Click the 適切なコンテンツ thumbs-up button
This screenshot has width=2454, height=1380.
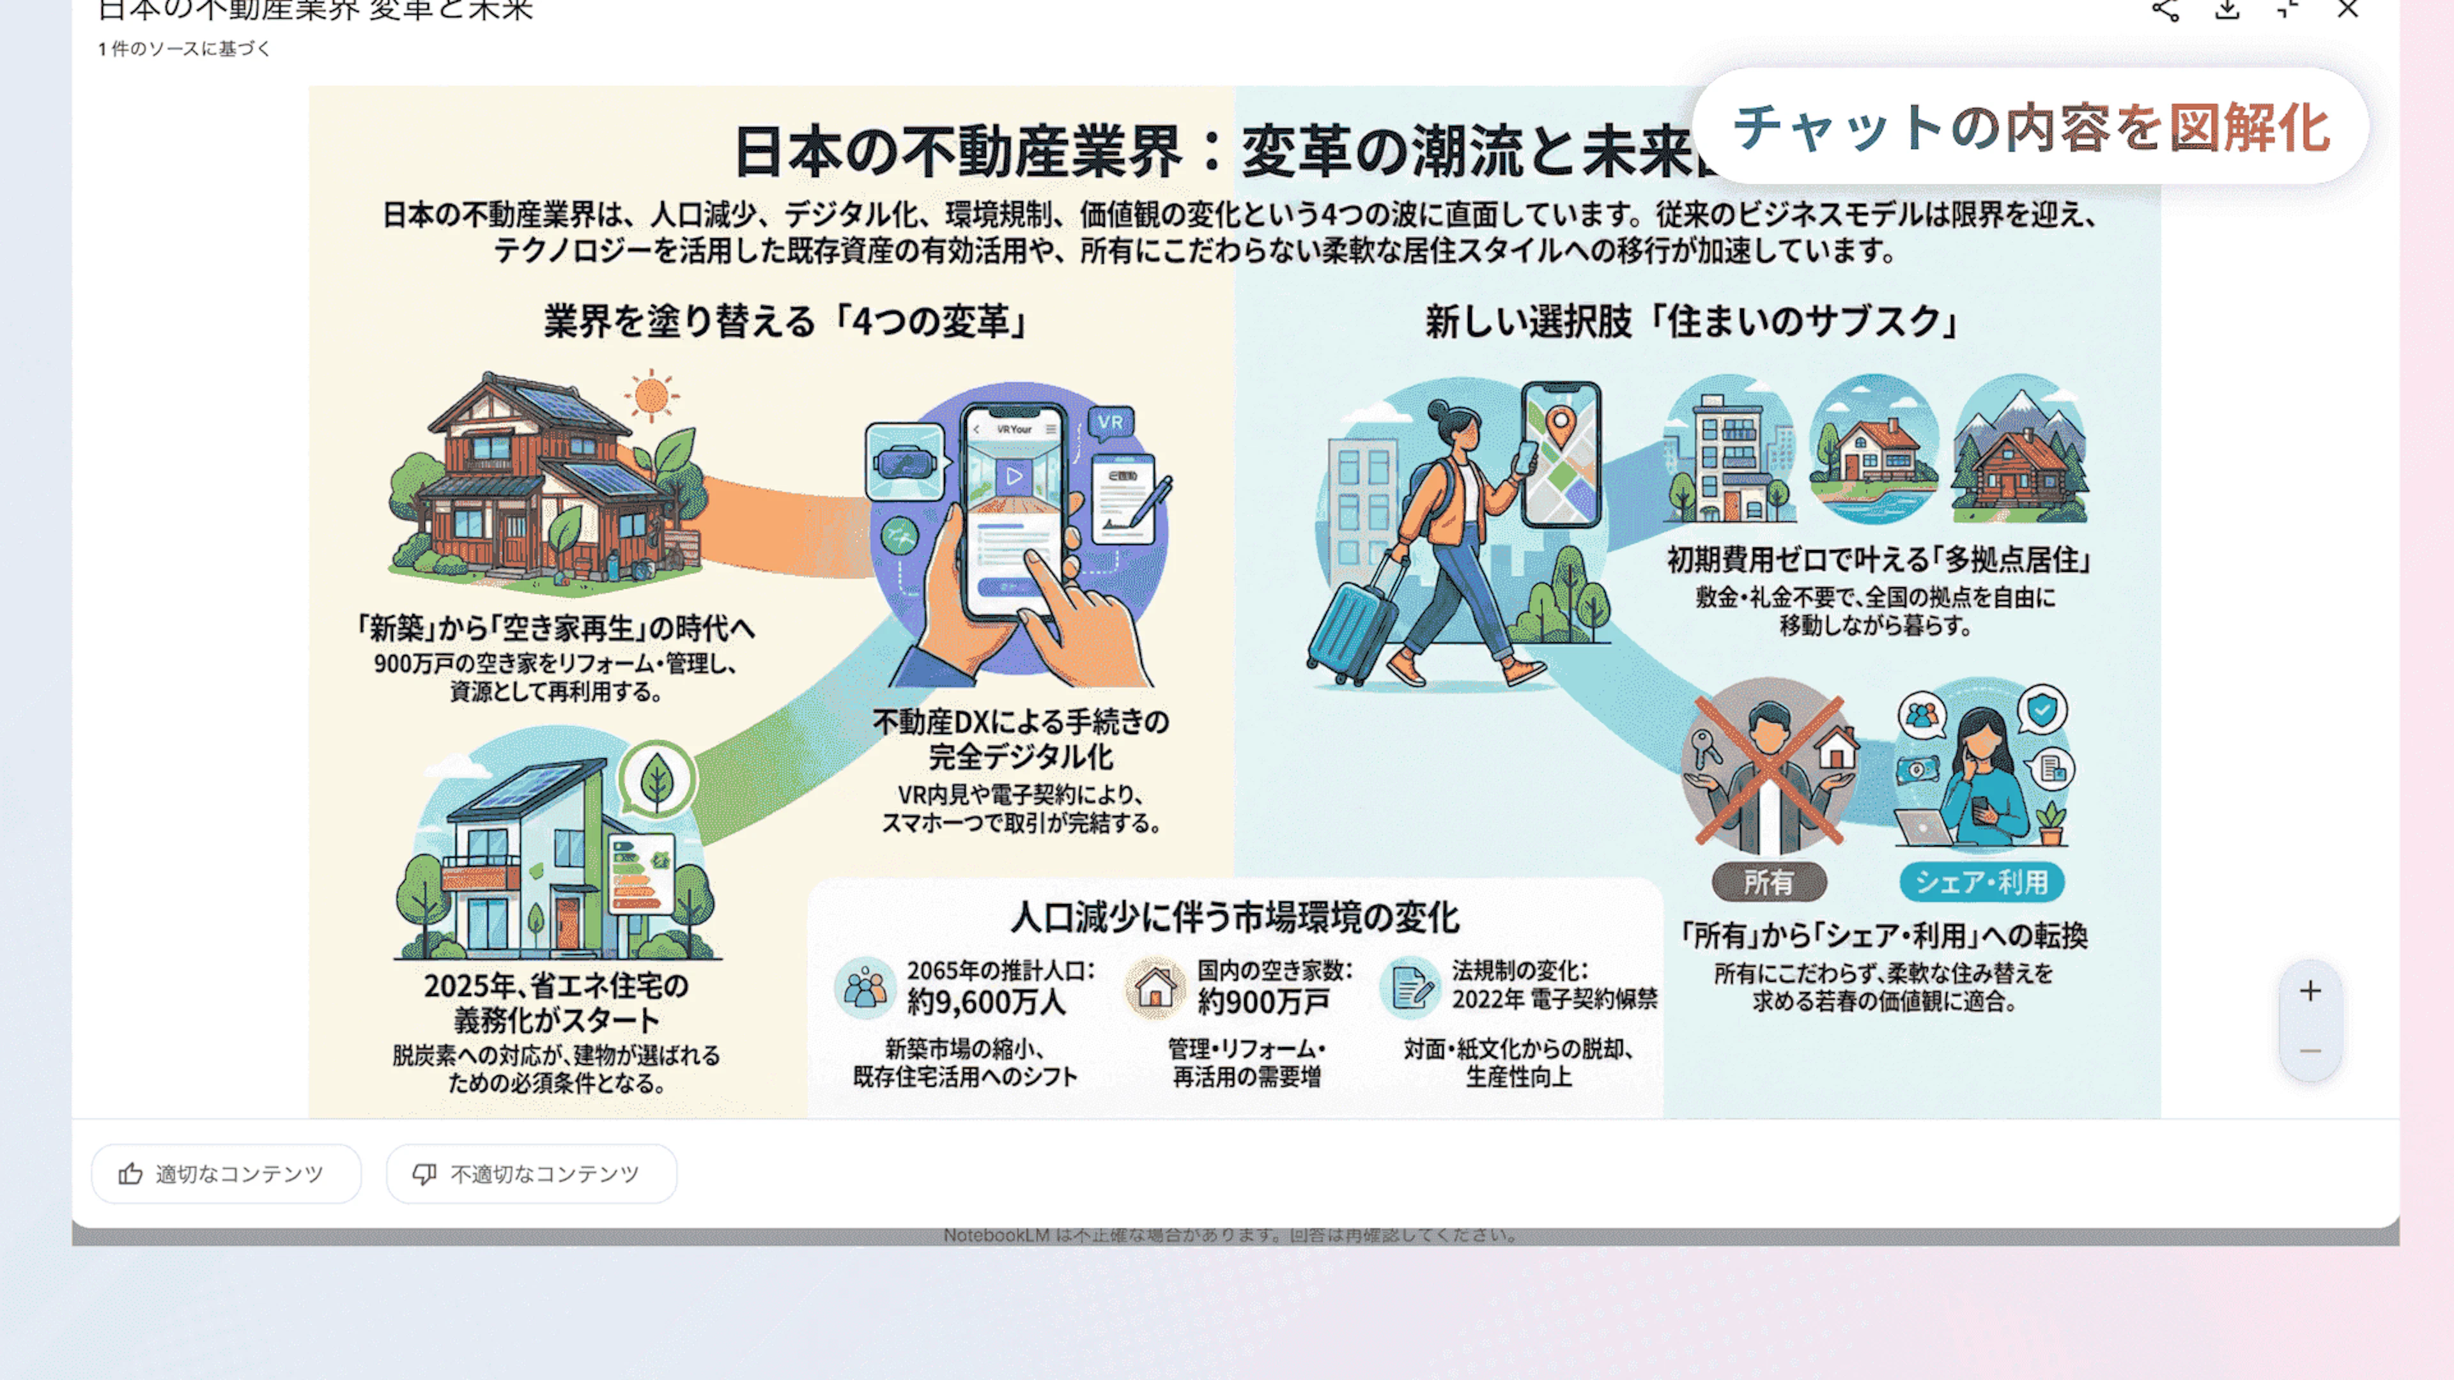click(226, 1174)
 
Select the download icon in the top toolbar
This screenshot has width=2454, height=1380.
click(2226, 10)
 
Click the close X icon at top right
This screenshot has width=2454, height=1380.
click(2347, 10)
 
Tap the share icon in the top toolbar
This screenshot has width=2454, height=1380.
click(2165, 10)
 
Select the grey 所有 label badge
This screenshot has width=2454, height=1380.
click(1768, 882)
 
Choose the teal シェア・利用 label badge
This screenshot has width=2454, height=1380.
click(1982, 882)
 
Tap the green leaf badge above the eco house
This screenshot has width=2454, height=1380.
click(656, 779)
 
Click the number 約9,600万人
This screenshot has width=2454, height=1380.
click(986, 1002)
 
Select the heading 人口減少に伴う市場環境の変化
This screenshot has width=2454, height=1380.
click(1235, 917)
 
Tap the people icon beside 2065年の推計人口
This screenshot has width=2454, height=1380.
click(865, 988)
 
